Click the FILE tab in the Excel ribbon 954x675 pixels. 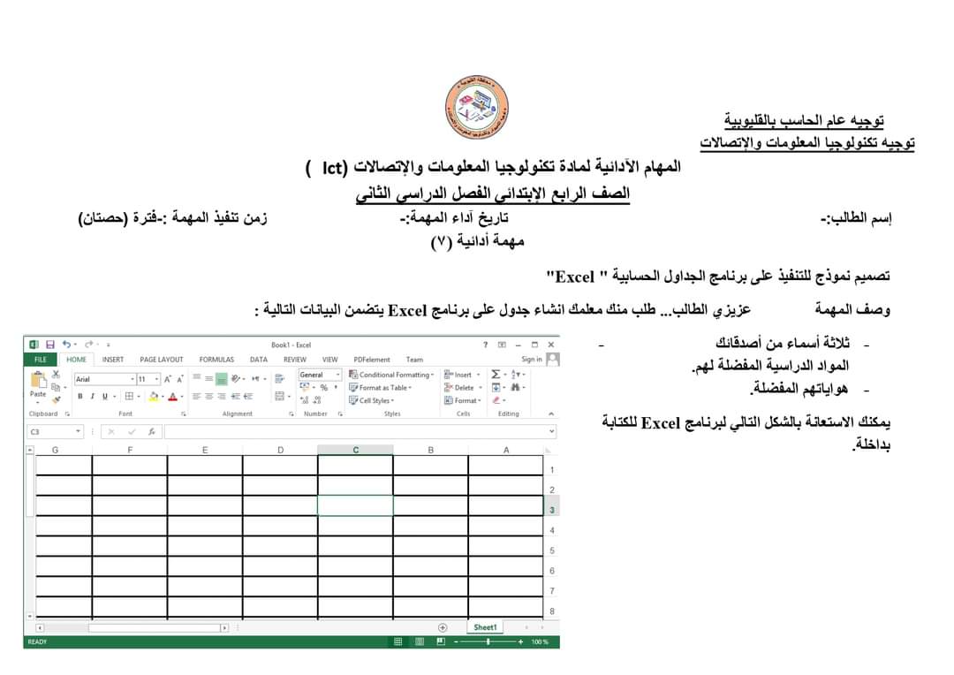(x=41, y=360)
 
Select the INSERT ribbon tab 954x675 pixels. (x=113, y=360)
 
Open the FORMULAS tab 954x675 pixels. (x=216, y=360)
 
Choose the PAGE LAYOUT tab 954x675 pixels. (x=162, y=360)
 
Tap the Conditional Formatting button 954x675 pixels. (x=392, y=375)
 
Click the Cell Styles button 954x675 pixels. (x=375, y=400)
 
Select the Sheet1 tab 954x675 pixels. (x=485, y=627)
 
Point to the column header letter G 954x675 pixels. (x=55, y=450)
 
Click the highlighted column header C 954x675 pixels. (x=356, y=450)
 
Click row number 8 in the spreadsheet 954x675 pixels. (x=552, y=611)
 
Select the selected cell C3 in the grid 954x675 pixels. (x=355, y=506)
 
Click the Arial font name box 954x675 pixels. (x=101, y=379)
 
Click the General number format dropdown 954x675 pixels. (x=319, y=375)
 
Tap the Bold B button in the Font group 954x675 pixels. (x=79, y=396)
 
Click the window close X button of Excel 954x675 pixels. (x=550, y=345)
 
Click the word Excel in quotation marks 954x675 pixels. (x=575, y=277)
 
